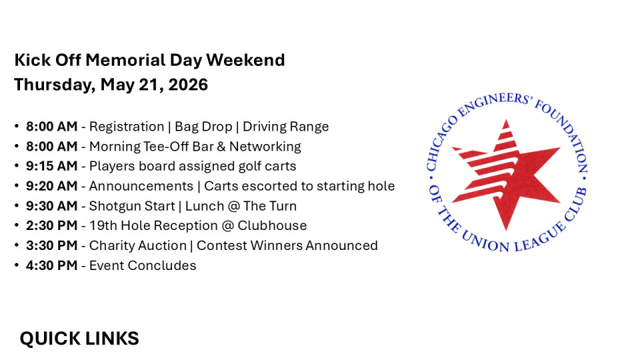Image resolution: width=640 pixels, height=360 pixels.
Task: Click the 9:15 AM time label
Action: tap(52, 166)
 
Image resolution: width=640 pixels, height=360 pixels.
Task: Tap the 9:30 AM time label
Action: tap(52, 206)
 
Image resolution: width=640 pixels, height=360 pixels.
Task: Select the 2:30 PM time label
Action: tap(52, 226)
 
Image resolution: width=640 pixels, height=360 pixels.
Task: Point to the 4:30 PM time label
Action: tap(52, 266)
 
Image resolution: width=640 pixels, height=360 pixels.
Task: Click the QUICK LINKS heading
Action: tap(79, 339)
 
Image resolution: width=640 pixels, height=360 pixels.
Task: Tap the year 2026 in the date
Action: tap(188, 85)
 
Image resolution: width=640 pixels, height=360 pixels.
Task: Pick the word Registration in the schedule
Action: tap(127, 127)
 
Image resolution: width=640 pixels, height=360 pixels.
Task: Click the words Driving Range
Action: tap(286, 127)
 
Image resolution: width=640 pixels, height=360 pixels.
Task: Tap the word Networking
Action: tap(265, 147)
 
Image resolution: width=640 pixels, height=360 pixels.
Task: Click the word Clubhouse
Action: tap(272, 226)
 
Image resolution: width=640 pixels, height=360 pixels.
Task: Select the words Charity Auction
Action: tap(138, 246)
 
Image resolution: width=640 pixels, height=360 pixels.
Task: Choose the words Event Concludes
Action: tap(143, 266)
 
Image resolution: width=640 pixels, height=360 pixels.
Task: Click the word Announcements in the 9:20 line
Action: tap(141, 186)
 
